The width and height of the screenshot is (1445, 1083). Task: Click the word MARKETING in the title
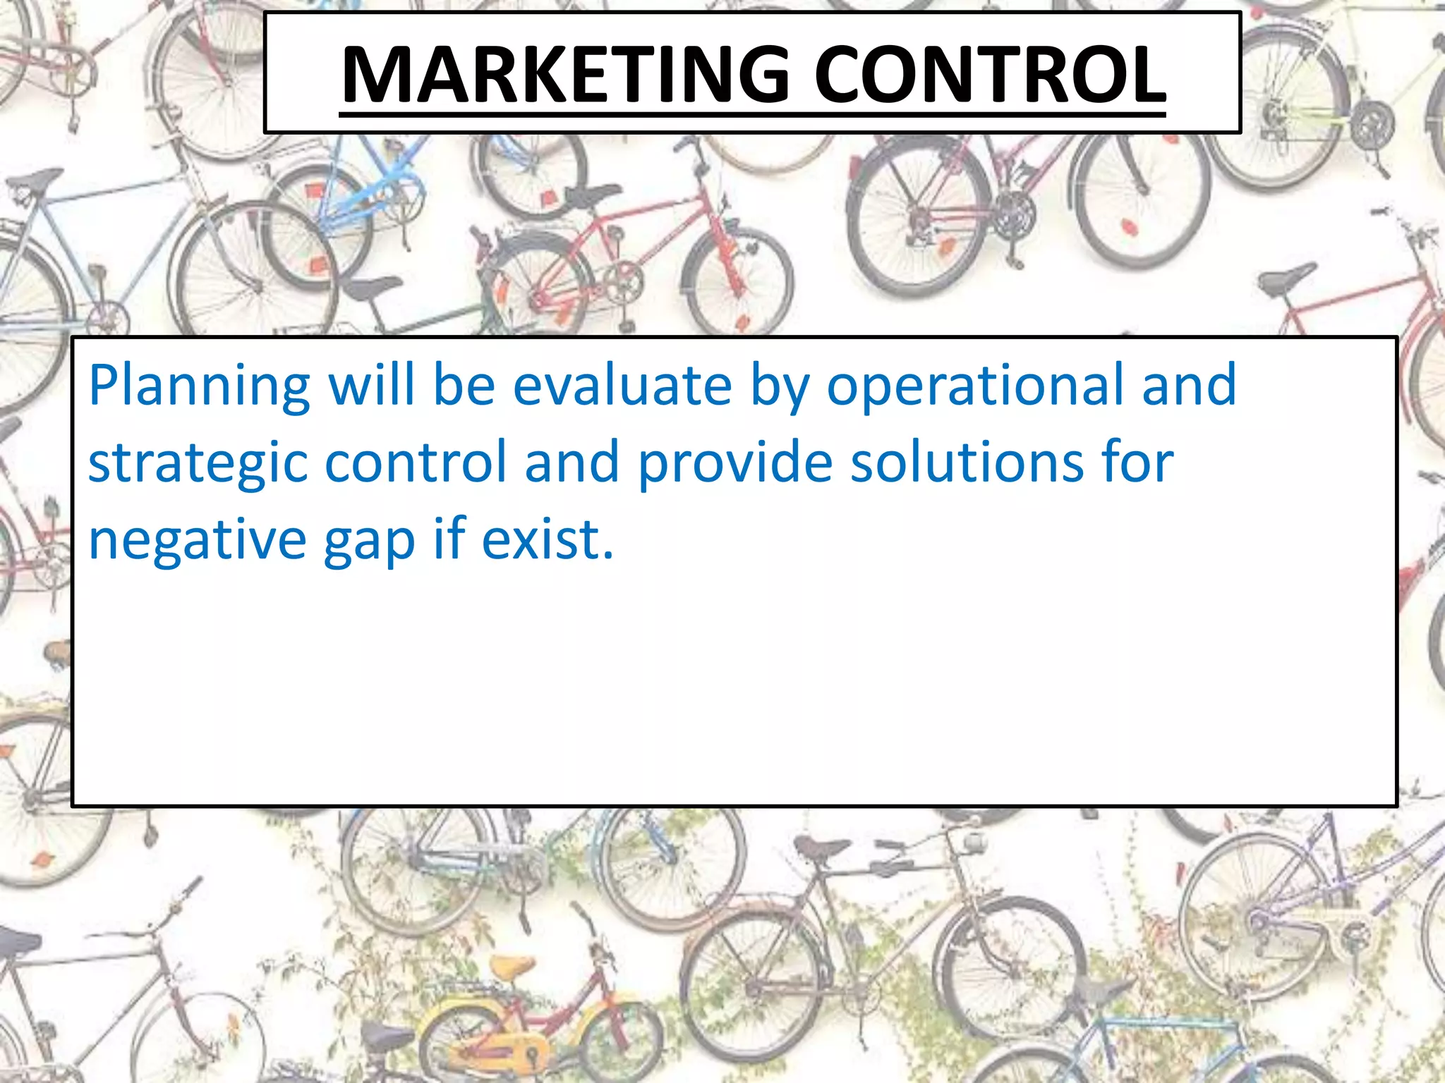564,75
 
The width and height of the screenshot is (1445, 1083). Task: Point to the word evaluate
622,386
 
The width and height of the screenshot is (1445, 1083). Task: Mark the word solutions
967,463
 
